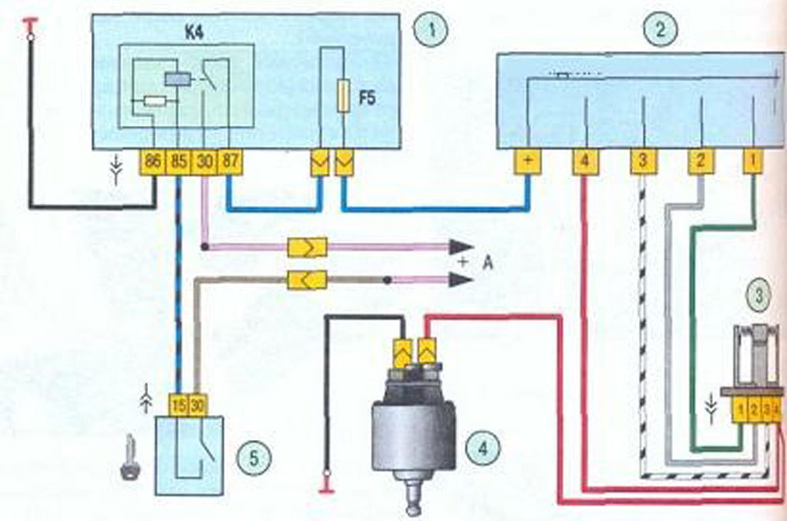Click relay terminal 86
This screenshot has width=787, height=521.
pyautogui.click(x=153, y=164)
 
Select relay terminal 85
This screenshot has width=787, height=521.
pyautogui.click(x=179, y=164)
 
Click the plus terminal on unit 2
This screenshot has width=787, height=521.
pyautogui.click(x=527, y=162)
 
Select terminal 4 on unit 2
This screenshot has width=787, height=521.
pyautogui.click(x=584, y=162)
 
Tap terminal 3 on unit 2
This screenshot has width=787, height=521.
pyautogui.click(x=642, y=162)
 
